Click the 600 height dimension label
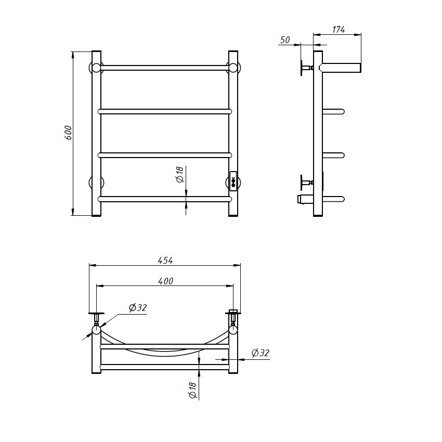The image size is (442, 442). pyautogui.click(x=69, y=133)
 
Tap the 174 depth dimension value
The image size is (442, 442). pyautogui.click(x=339, y=30)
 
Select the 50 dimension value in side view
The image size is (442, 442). pyautogui.click(x=285, y=40)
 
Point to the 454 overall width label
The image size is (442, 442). pyautogui.click(x=165, y=261)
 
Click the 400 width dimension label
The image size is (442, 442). pyautogui.click(x=166, y=281)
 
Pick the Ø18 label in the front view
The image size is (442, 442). pyautogui.click(x=180, y=175)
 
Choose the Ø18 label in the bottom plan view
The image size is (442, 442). pyautogui.click(x=192, y=391)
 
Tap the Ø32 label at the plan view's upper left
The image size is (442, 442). pyautogui.click(x=138, y=307)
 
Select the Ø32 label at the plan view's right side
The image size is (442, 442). pyautogui.click(x=260, y=353)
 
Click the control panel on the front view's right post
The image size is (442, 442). pyautogui.click(x=233, y=181)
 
